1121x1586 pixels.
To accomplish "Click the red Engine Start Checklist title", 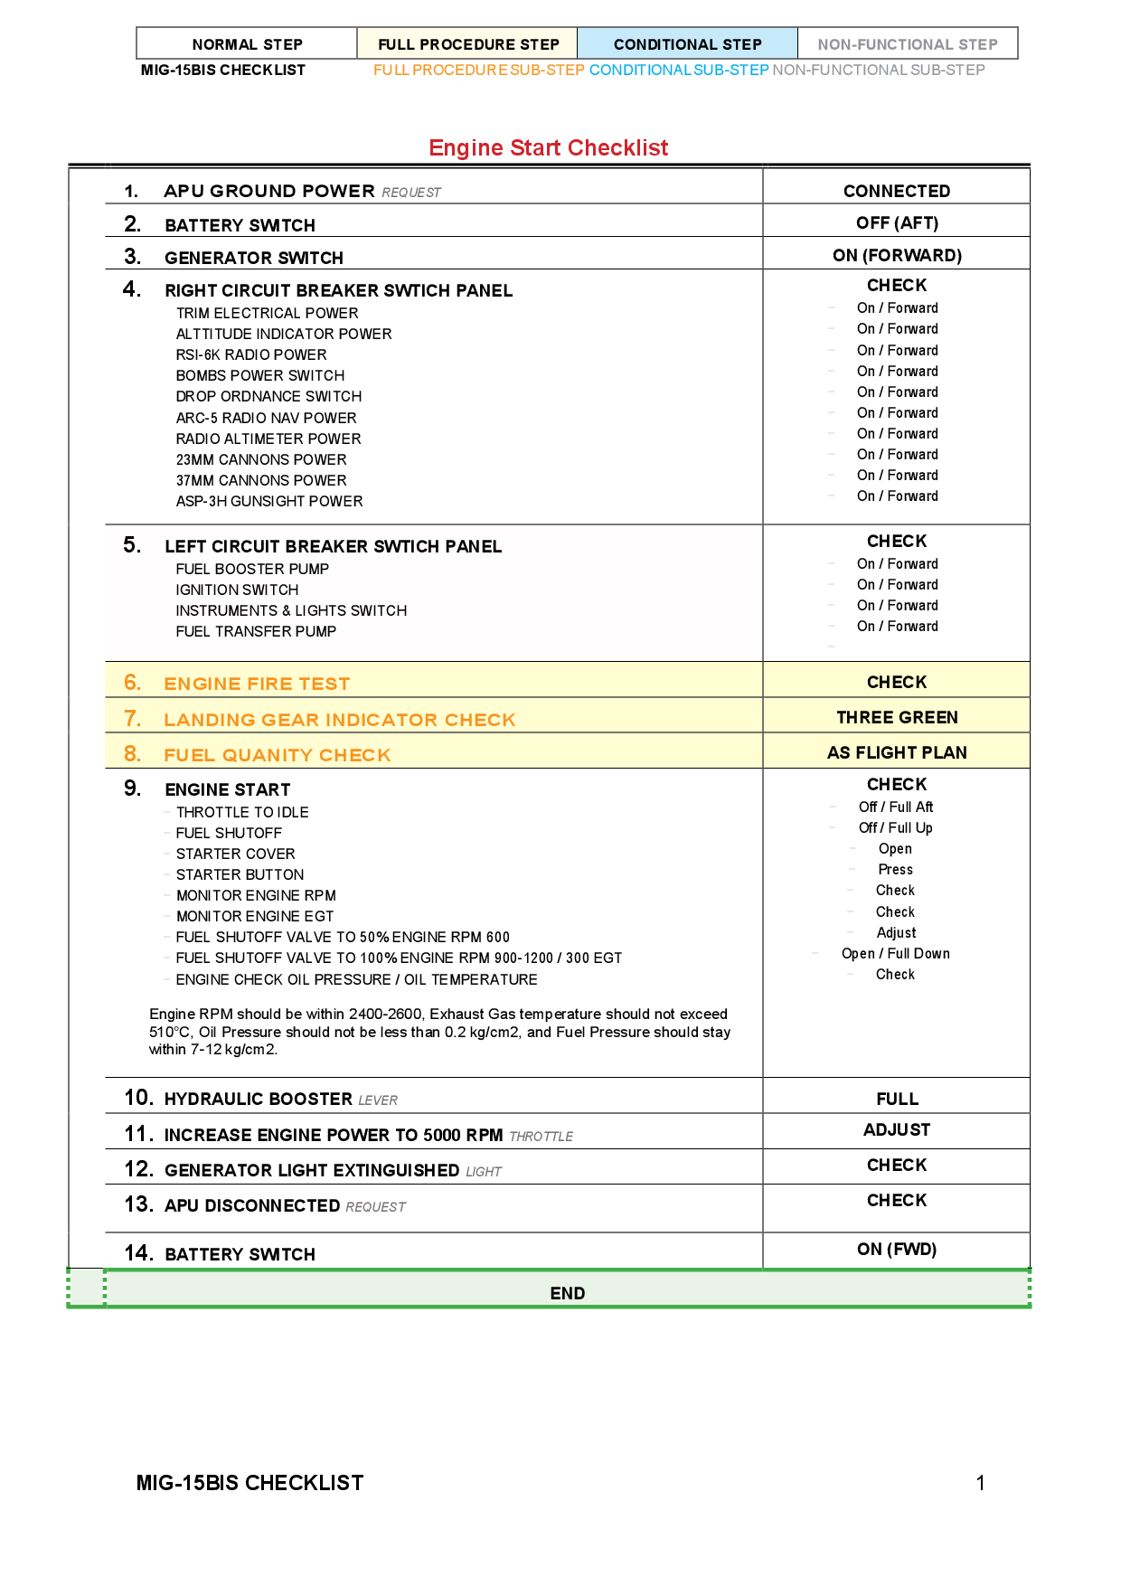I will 548,147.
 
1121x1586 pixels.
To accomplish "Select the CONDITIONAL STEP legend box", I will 687,44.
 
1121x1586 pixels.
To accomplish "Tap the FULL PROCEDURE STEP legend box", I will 468,44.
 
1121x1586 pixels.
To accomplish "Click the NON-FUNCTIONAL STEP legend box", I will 907,44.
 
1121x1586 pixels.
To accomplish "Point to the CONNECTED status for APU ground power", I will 896,191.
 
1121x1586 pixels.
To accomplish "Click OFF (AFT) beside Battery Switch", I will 897,222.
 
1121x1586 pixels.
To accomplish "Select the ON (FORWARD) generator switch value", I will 897,255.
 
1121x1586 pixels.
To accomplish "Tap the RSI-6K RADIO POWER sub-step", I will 251,354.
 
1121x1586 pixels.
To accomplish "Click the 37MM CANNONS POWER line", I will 261,480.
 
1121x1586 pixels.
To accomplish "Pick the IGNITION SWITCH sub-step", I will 237,590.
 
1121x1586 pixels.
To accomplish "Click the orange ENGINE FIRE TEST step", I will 257,684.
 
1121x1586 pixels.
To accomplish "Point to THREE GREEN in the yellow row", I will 897,717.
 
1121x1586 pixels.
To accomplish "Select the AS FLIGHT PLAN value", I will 897,752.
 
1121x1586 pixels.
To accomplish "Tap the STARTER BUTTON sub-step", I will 240,874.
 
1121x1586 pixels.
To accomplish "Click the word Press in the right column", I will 895,869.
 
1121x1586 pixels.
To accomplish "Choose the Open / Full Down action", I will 895,953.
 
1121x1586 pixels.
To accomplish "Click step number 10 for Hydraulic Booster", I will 138,1098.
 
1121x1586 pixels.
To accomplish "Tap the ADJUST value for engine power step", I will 896,1129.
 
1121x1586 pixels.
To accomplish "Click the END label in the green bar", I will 567,1293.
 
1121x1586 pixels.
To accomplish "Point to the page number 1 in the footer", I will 980,1482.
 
